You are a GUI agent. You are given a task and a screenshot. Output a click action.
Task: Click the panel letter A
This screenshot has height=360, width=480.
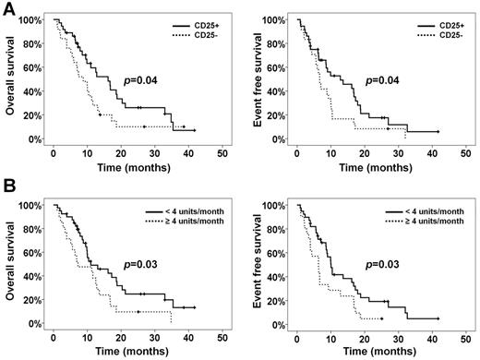click(8, 8)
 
